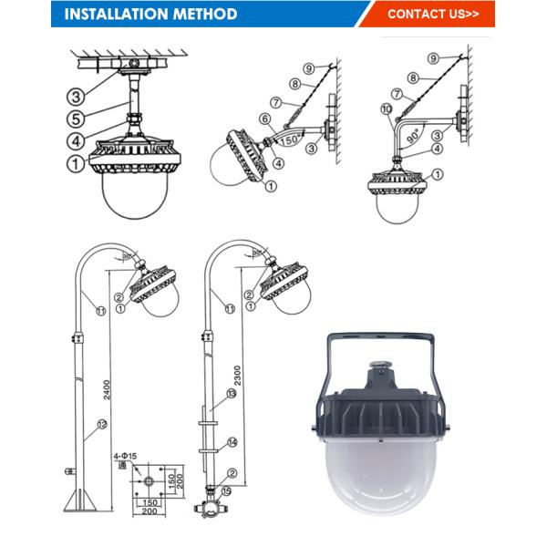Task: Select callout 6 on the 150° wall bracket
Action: (264, 119)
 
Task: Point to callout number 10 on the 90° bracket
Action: (387, 111)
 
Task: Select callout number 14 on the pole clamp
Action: (233, 442)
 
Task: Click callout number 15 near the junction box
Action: (226, 491)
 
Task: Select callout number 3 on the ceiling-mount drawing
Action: (78, 95)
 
